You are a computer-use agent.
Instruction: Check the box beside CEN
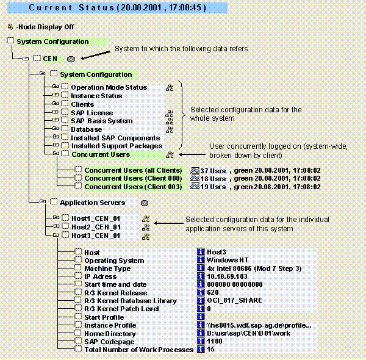pos(37,59)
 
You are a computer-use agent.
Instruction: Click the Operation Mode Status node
pos(109,87)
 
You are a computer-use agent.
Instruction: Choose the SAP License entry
pos(92,113)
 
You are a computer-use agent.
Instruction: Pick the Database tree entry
pos(87,129)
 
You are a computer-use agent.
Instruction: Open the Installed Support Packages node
pos(117,146)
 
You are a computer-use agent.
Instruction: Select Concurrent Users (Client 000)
pos(133,178)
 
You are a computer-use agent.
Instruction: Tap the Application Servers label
pos(92,203)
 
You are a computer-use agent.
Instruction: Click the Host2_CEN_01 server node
pos(96,227)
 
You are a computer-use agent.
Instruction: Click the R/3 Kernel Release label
pos(120,293)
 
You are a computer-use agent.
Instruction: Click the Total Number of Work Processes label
pos(138,350)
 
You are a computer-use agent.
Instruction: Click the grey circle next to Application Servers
pos(145,203)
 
